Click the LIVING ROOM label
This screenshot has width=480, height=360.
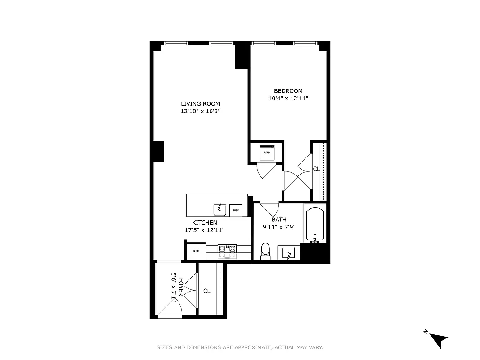(200, 104)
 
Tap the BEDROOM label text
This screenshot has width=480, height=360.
(288, 91)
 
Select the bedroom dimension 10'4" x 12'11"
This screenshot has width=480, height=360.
(288, 99)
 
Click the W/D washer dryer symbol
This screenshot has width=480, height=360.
(267, 153)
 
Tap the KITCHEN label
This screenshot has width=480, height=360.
(205, 223)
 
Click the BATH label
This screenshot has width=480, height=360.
(279, 220)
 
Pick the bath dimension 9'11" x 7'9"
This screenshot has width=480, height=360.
(279, 227)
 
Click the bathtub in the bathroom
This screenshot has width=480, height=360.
(315, 224)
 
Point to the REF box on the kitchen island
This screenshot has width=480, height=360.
(236, 210)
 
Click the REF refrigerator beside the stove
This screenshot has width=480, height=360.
(196, 251)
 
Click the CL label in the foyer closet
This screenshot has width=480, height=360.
(207, 291)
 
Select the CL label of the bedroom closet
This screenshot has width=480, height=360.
(316, 169)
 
